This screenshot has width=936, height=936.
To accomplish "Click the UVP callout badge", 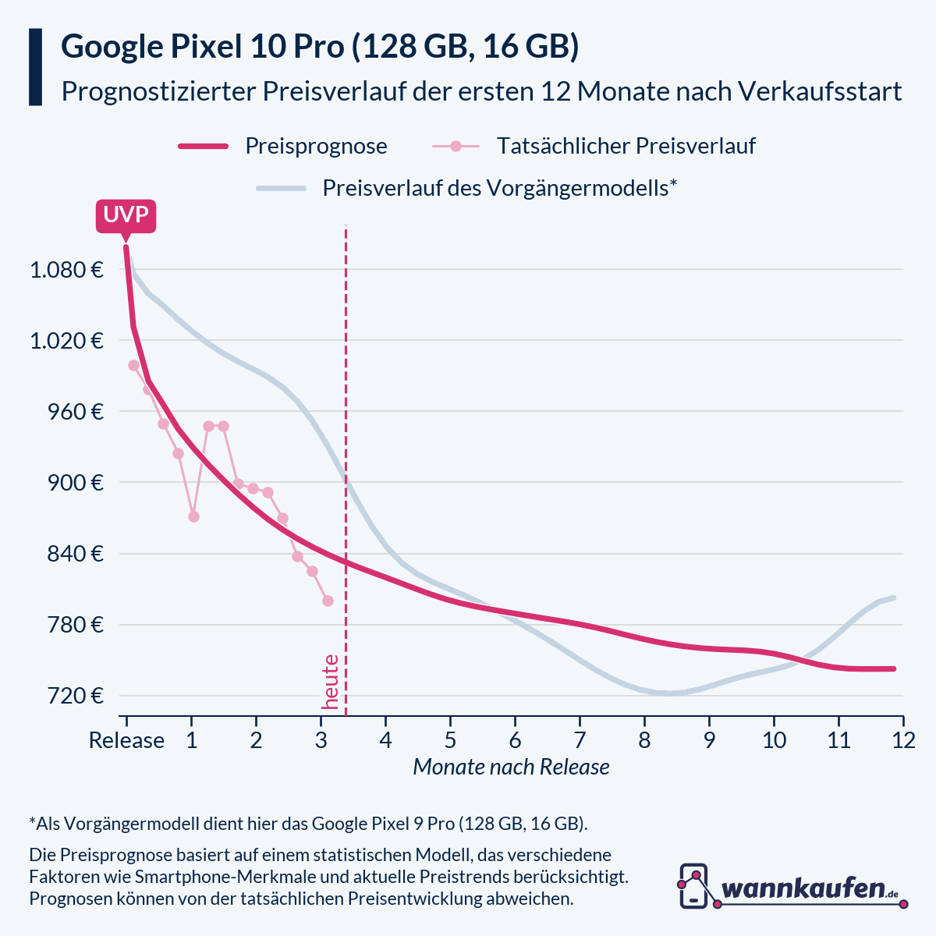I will [x=126, y=215].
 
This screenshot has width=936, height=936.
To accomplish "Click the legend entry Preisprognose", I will [x=315, y=146].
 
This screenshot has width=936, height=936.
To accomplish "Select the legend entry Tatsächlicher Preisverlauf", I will [x=626, y=146].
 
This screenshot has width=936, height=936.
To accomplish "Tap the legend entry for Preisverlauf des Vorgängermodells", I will [x=499, y=188].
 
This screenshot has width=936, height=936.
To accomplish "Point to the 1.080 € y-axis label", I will [x=66, y=270].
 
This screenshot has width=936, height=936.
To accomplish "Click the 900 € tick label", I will [x=76, y=483].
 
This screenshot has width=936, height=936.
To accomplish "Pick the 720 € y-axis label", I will [x=76, y=696].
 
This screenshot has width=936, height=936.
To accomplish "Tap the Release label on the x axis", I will [x=126, y=740].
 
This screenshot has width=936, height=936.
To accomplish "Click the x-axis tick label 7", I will [x=580, y=740].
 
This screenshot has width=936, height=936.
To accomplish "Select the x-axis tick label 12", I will [x=903, y=740].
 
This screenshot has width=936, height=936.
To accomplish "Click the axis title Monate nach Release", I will [x=511, y=768].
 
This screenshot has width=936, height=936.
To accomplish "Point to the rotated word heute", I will [x=331, y=682].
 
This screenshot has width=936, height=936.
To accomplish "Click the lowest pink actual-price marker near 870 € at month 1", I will [x=193, y=516].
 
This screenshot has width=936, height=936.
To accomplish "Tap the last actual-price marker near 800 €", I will [x=328, y=601].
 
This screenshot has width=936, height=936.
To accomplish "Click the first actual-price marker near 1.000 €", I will [x=133, y=365].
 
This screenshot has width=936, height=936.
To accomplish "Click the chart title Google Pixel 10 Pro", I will [x=203, y=47].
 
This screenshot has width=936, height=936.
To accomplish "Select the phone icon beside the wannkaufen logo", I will [x=693, y=885].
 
